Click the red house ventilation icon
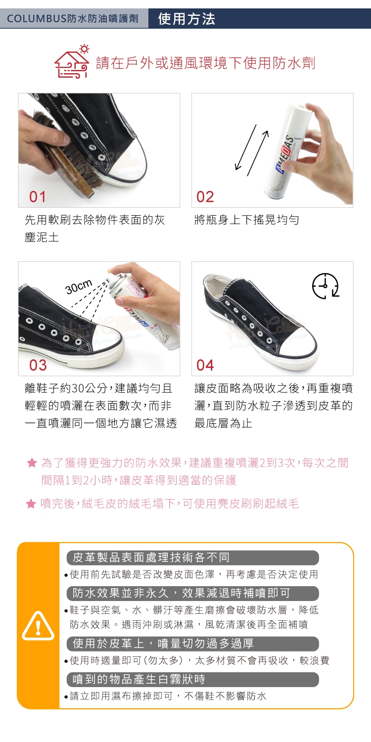point(72,62)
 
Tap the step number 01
point(38,197)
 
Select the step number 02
point(205,197)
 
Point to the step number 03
point(38,366)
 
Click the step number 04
point(205,366)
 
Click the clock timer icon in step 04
point(325,286)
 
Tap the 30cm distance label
point(79,287)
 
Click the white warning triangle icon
point(38,626)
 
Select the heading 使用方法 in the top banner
point(186,19)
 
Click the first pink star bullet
point(32,463)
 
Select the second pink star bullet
point(31,504)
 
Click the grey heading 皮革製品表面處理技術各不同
point(151,557)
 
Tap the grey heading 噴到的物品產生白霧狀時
point(139,679)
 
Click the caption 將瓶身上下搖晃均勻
point(247,220)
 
